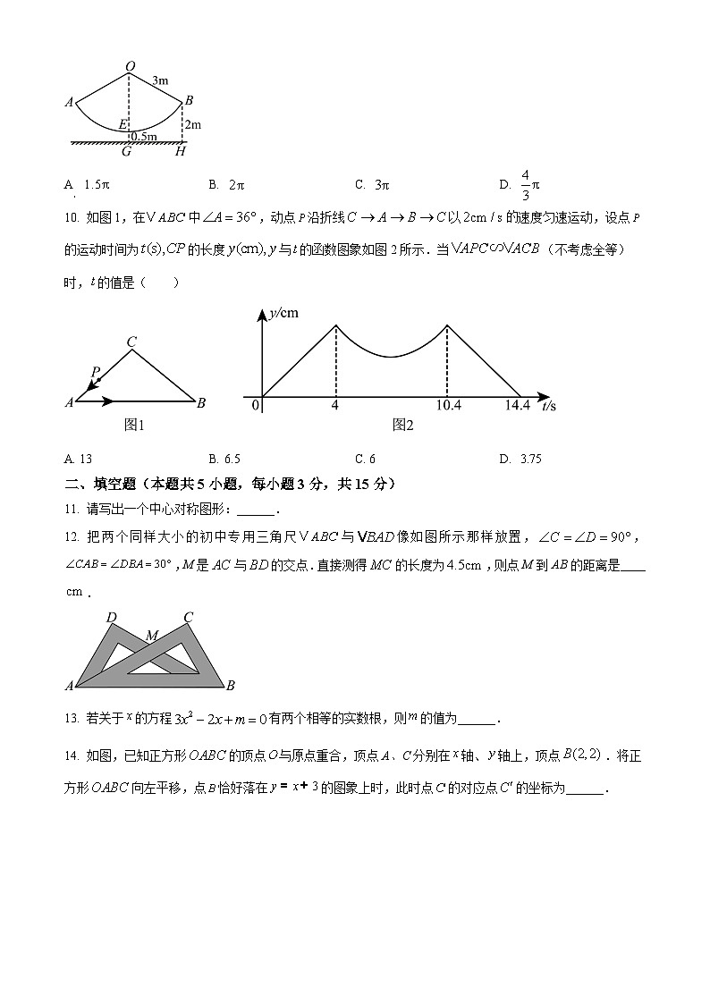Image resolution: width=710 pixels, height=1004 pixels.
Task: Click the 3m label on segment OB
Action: point(161,81)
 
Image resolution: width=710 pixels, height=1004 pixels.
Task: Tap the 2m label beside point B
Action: point(193,124)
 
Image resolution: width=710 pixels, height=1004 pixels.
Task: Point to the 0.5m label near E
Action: point(144,137)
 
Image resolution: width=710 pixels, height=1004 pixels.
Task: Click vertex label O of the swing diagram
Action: point(131,66)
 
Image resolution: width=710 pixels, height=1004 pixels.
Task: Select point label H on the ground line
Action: point(181,152)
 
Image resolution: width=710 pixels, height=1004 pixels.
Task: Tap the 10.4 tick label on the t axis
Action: point(449,406)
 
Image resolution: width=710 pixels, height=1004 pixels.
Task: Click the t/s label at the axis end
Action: point(548,407)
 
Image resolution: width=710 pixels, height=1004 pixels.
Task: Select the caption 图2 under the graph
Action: point(403,425)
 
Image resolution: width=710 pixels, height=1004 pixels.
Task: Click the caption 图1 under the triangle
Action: point(134,425)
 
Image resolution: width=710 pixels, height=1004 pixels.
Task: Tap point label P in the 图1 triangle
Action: point(96,371)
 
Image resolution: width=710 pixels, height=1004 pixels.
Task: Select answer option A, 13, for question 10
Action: point(79,460)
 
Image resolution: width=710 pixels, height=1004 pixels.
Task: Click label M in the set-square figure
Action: point(152,636)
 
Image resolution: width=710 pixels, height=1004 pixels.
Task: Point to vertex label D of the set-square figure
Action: point(111,617)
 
